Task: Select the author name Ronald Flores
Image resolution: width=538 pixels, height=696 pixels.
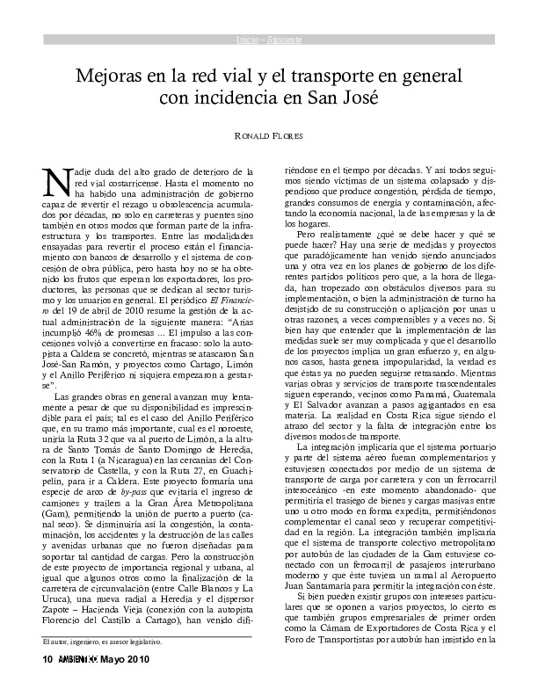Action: [x=269, y=137]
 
